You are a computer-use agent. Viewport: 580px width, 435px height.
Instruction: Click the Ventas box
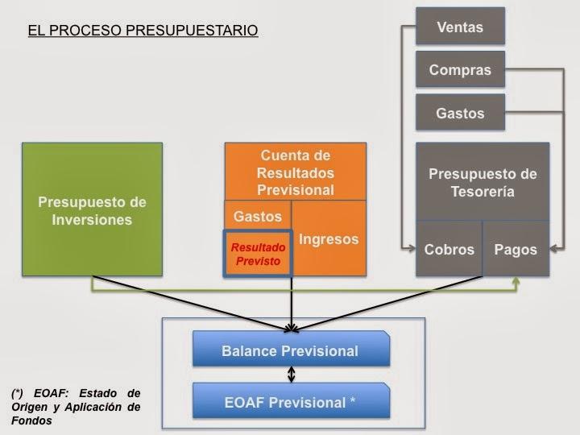pos(460,27)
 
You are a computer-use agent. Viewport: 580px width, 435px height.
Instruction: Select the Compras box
pos(460,70)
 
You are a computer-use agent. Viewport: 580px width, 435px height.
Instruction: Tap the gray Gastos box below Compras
pos(460,113)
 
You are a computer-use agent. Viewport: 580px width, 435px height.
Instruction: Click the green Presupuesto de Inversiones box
pos(92,209)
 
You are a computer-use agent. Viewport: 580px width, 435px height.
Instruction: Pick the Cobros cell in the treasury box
pos(449,249)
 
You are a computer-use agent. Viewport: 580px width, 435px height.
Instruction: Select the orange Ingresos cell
pos(329,239)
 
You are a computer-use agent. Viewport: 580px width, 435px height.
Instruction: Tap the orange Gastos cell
pos(257,216)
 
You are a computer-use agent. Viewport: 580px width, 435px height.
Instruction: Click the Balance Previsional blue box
pos(290,351)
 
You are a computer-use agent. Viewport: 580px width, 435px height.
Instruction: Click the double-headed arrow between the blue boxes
pos(292,375)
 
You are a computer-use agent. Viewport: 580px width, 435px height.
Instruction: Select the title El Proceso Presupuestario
pos(143,31)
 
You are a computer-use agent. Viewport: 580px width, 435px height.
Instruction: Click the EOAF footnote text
pos(76,407)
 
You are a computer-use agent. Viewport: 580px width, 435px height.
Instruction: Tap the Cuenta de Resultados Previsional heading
pos(296,172)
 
